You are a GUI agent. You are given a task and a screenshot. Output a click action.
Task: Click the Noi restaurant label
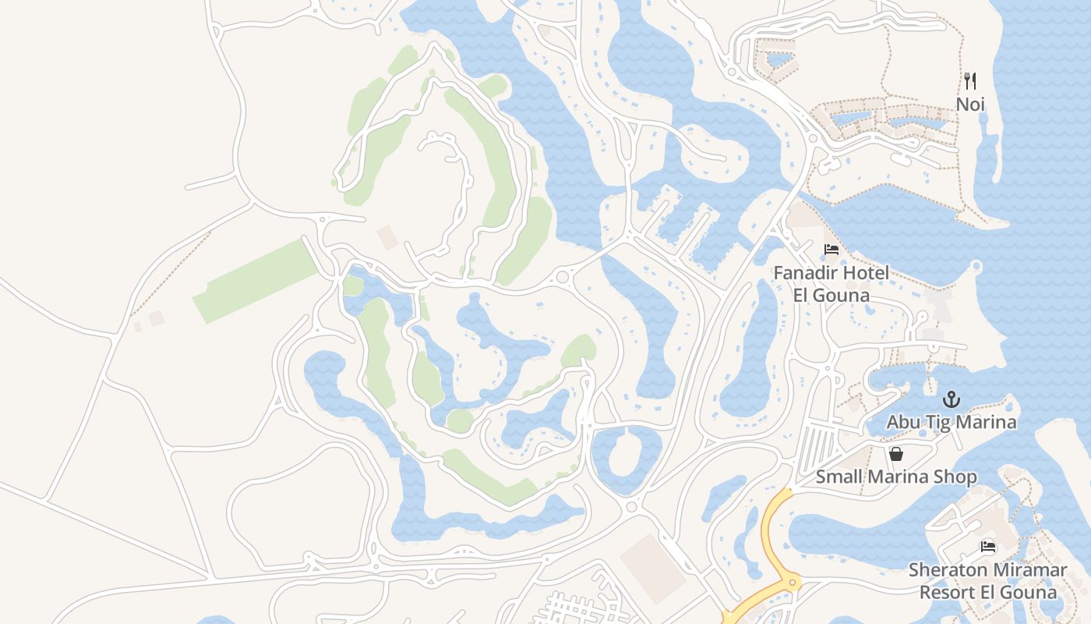(971, 104)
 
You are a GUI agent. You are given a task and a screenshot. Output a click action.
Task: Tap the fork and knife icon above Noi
(970, 80)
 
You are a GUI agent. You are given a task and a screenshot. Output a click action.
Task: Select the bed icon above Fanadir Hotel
(831, 250)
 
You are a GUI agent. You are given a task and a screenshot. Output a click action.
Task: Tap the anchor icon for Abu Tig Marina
(951, 400)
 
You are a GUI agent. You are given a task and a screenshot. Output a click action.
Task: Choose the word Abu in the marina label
(904, 423)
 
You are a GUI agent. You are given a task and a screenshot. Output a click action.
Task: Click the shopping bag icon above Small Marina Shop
(896, 454)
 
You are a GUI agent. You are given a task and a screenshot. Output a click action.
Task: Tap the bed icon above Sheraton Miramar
(988, 547)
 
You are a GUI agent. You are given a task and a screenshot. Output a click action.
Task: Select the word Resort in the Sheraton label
(946, 592)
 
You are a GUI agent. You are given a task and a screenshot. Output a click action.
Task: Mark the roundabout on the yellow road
(793, 581)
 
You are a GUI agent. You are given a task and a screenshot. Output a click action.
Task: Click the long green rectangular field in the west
(256, 281)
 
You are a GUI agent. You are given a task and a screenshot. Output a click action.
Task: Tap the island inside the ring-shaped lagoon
(626, 454)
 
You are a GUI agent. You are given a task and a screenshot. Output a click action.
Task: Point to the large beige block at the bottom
(653, 568)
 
